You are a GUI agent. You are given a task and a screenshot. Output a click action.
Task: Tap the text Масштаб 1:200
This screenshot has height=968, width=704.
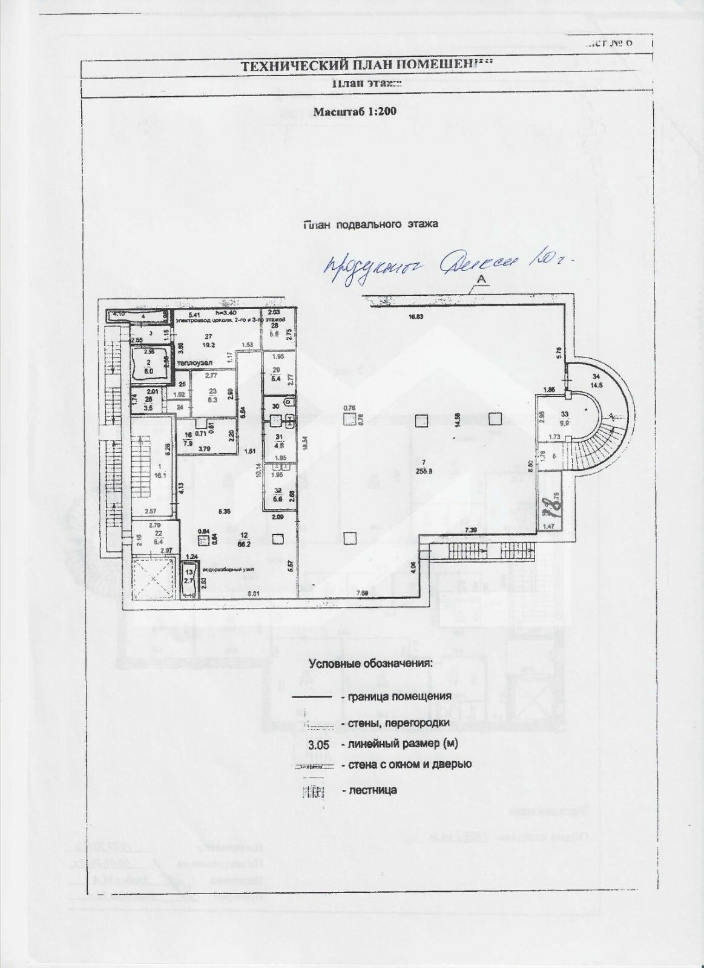coord(354,111)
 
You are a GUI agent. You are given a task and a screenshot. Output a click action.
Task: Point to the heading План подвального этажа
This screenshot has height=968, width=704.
coord(370,224)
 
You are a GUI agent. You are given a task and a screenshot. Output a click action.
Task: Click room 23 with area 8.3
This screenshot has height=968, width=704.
coord(212,395)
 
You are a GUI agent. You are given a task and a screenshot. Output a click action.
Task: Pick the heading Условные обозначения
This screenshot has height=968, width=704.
coord(370,663)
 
